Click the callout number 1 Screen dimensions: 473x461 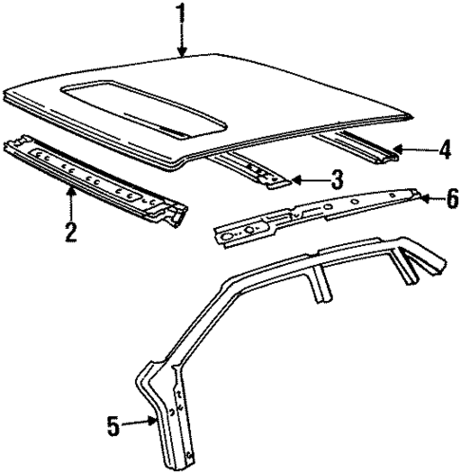(180, 14)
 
